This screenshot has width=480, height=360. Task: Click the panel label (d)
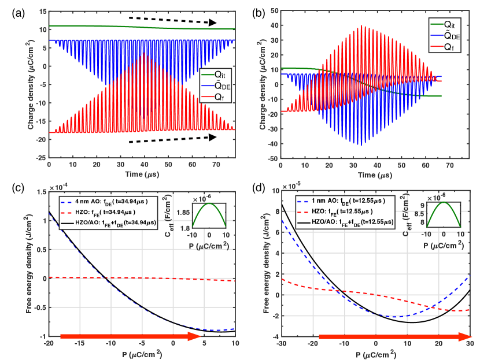[257, 185]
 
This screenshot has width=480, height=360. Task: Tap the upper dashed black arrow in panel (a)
[172, 20]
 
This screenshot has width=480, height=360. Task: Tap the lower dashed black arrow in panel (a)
[172, 139]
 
